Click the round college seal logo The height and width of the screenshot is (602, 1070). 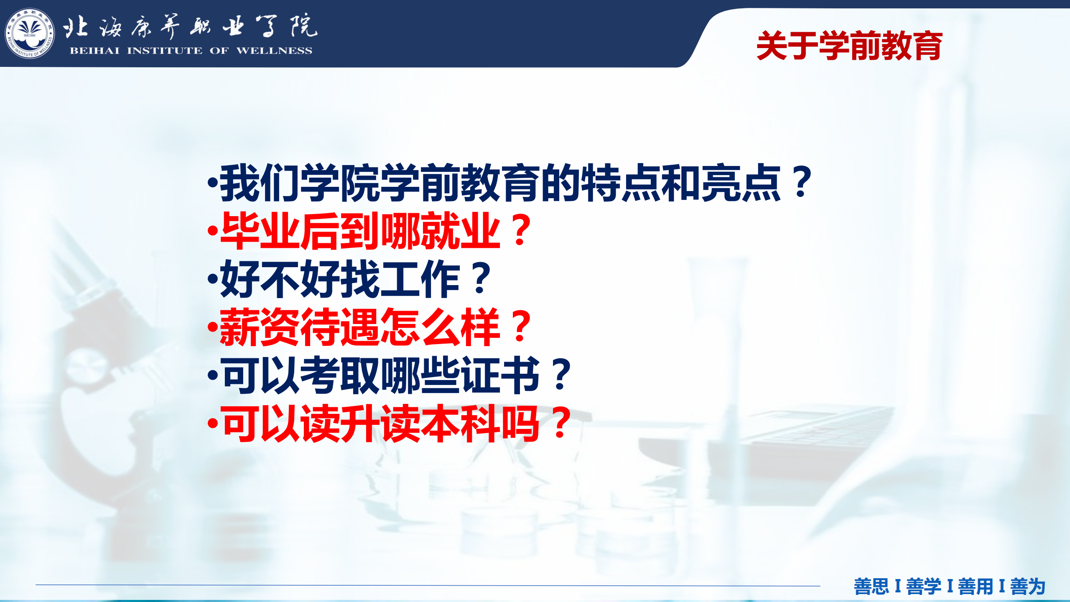pos(30,33)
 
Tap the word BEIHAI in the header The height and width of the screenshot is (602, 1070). pos(94,51)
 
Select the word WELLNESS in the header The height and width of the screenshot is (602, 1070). pos(274,51)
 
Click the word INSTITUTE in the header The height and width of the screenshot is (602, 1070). pos(165,51)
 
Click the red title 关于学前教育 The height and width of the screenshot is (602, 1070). pos(850,46)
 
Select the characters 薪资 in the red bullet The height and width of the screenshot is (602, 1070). pos(260,327)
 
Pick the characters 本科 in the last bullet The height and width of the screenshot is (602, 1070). pos(460,424)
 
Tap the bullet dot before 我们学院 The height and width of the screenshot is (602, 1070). pos(213,182)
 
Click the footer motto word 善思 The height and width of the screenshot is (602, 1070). pos(871,586)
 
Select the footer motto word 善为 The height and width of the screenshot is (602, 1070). pos(1028,586)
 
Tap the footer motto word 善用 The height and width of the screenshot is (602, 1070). pos(976,586)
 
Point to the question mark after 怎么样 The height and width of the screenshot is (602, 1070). pos(520,327)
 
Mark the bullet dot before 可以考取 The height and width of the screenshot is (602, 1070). pos(213,375)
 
